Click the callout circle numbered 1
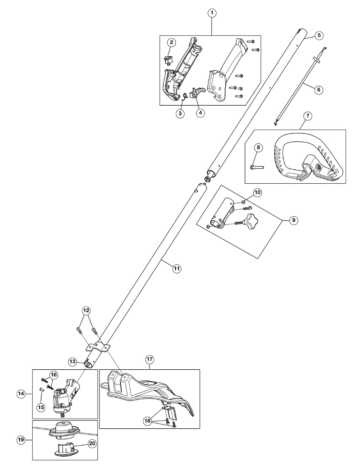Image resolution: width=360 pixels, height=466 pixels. (x=212, y=13)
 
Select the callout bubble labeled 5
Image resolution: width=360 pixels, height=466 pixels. (x=318, y=35)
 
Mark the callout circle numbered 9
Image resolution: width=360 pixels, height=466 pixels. (x=294, y=220)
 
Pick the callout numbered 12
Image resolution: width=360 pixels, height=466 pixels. (x=86, y=310)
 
